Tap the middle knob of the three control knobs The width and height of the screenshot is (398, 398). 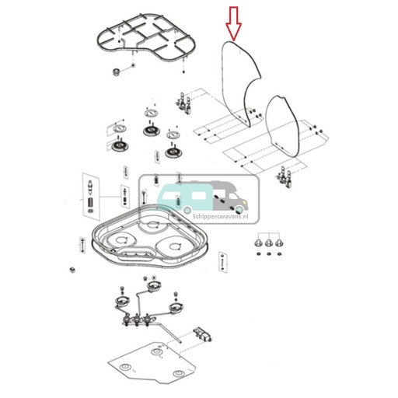(268, 244)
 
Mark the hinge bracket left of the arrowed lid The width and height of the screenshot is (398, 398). (183, 102)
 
